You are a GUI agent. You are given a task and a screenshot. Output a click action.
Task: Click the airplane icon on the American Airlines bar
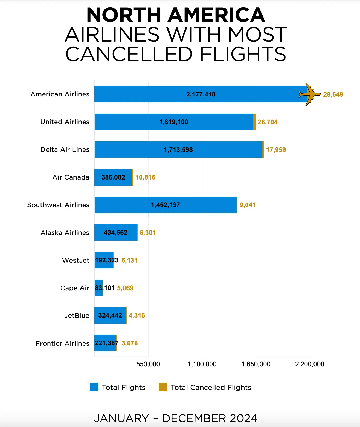[310, 94]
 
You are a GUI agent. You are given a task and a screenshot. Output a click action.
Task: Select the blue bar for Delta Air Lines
[178, 149]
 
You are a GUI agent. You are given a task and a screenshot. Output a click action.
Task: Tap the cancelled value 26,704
[268, 122]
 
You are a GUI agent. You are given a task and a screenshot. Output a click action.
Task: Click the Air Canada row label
[71, 177]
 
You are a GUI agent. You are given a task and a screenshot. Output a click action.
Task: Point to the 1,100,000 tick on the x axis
[202, 364]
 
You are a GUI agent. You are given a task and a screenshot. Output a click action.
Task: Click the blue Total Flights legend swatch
[94, 387]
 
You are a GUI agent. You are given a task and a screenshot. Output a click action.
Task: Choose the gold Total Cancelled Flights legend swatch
[163, 387]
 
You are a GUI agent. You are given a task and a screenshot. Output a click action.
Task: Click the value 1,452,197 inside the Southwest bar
[165, 205]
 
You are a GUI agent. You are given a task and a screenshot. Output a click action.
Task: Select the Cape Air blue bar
[99, 288]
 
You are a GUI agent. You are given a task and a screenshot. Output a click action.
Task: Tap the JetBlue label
[77, 315]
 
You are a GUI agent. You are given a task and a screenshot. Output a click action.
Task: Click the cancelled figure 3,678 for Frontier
[130, 343]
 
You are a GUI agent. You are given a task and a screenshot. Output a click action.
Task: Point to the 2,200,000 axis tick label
[310, 364]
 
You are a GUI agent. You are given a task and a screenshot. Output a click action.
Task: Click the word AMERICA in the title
[216, 15]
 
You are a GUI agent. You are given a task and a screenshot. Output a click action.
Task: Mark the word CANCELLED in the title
[129, 54]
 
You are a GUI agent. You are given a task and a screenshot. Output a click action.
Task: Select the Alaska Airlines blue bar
[115, 233]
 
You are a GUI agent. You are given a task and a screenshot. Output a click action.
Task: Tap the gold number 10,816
[145, 177]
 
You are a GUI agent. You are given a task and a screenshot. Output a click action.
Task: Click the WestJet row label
[76, 260]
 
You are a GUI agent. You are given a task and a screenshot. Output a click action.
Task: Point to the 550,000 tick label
[148, 364]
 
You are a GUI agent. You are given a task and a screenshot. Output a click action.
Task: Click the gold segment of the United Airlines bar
[254, 122]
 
